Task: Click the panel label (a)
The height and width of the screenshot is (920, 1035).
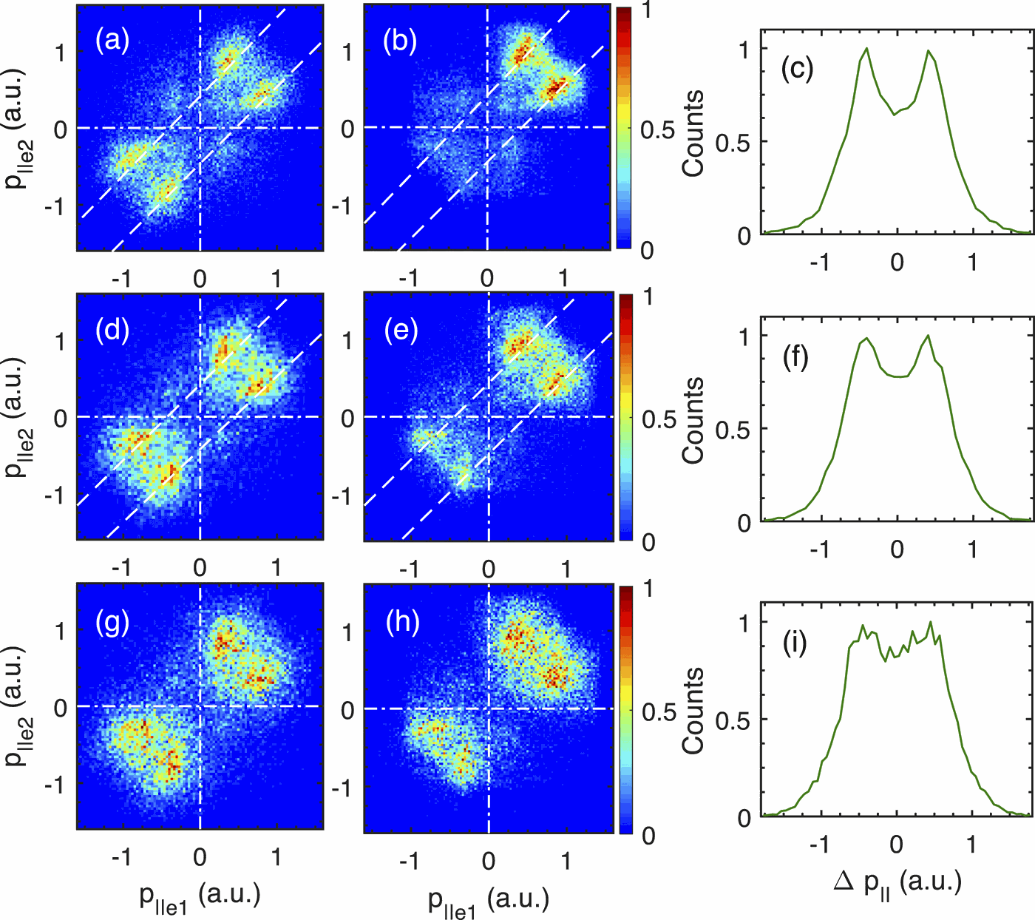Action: (112, 41)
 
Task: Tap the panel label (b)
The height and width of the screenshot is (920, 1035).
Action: (400, 41)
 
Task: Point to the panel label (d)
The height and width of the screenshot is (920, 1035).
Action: (112, 330)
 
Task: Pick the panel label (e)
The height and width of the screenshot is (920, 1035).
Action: (401, 330)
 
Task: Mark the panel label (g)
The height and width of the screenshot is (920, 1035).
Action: (112, 623)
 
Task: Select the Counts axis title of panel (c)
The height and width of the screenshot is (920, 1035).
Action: (693, 134)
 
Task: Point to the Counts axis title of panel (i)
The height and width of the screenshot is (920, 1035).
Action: (693, 710)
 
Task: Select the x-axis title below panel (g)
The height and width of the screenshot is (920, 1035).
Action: (200, 896)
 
